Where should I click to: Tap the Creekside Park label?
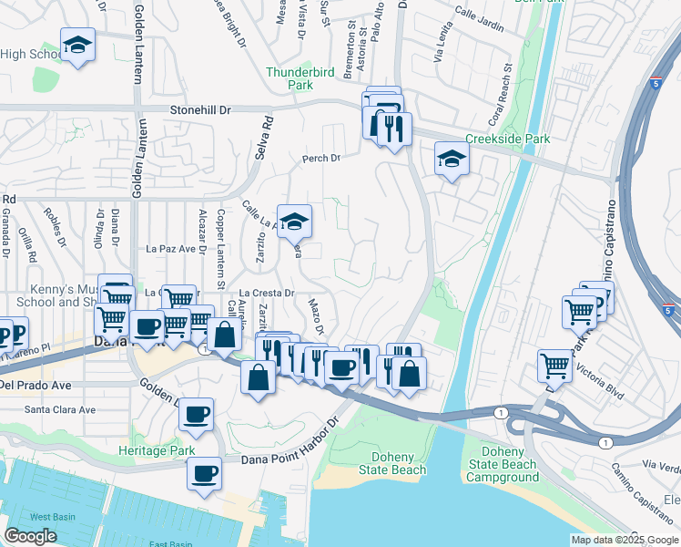[507, 139]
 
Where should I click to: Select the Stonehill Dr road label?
[200, 109]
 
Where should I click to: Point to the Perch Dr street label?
[321, 158]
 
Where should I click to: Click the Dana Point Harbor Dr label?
[290, 459]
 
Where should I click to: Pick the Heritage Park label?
[157, 450]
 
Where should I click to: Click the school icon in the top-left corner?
[78, 44]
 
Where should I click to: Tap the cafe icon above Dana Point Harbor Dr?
[196, 416]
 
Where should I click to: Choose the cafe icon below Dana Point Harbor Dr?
[205, 474]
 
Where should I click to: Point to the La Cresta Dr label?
[270, 293]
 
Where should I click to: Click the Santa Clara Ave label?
[60, 409]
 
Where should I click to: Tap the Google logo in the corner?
[31, 536]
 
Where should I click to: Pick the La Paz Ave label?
[172, 248]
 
